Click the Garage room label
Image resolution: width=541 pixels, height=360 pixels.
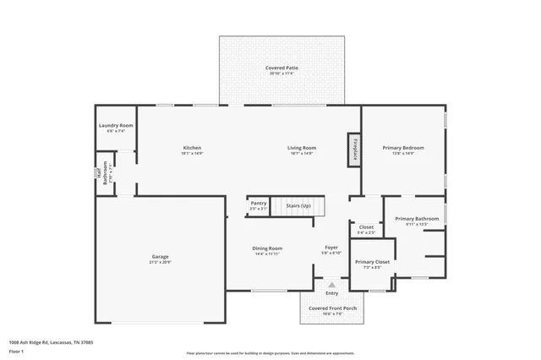161,256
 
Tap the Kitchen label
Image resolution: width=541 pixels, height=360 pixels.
192,148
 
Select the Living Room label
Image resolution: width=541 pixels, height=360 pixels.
302,148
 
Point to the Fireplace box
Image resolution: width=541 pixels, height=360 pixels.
354,149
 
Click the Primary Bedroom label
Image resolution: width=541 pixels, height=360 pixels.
403,148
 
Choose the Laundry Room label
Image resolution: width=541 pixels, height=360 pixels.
116,125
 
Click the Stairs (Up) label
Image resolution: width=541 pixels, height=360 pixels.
298,206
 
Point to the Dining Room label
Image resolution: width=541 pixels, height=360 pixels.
267,248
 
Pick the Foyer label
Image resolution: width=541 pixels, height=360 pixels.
331,248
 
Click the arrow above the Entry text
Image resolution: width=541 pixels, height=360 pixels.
331,285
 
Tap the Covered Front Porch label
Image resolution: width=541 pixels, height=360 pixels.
331,308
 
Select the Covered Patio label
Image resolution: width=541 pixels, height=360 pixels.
281,68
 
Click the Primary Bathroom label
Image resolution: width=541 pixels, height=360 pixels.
417,219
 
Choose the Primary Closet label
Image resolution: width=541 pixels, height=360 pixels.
372,262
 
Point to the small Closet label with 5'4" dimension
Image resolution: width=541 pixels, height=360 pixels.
366,226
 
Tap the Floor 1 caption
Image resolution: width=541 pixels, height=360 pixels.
16,351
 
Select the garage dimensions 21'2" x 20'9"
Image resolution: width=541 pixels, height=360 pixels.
161,262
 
